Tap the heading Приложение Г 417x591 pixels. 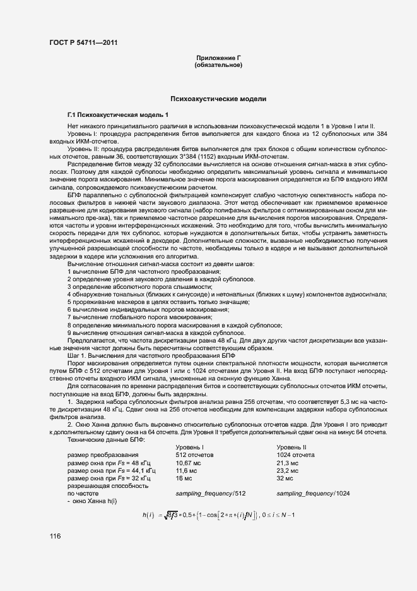(x=219, y=58)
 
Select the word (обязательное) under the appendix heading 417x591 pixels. (x=219, y=65)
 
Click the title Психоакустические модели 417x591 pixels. (x=219, y=99)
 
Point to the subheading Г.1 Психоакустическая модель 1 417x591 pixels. (x=119, y=114)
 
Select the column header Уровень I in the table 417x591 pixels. (x=189, y=447)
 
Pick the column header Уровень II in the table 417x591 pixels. (x=291, y=447)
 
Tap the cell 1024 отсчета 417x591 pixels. (x=296, y=454)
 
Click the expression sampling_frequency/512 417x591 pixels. (x=211, y=494)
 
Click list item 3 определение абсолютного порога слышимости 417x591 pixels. (x=140, y=286)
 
